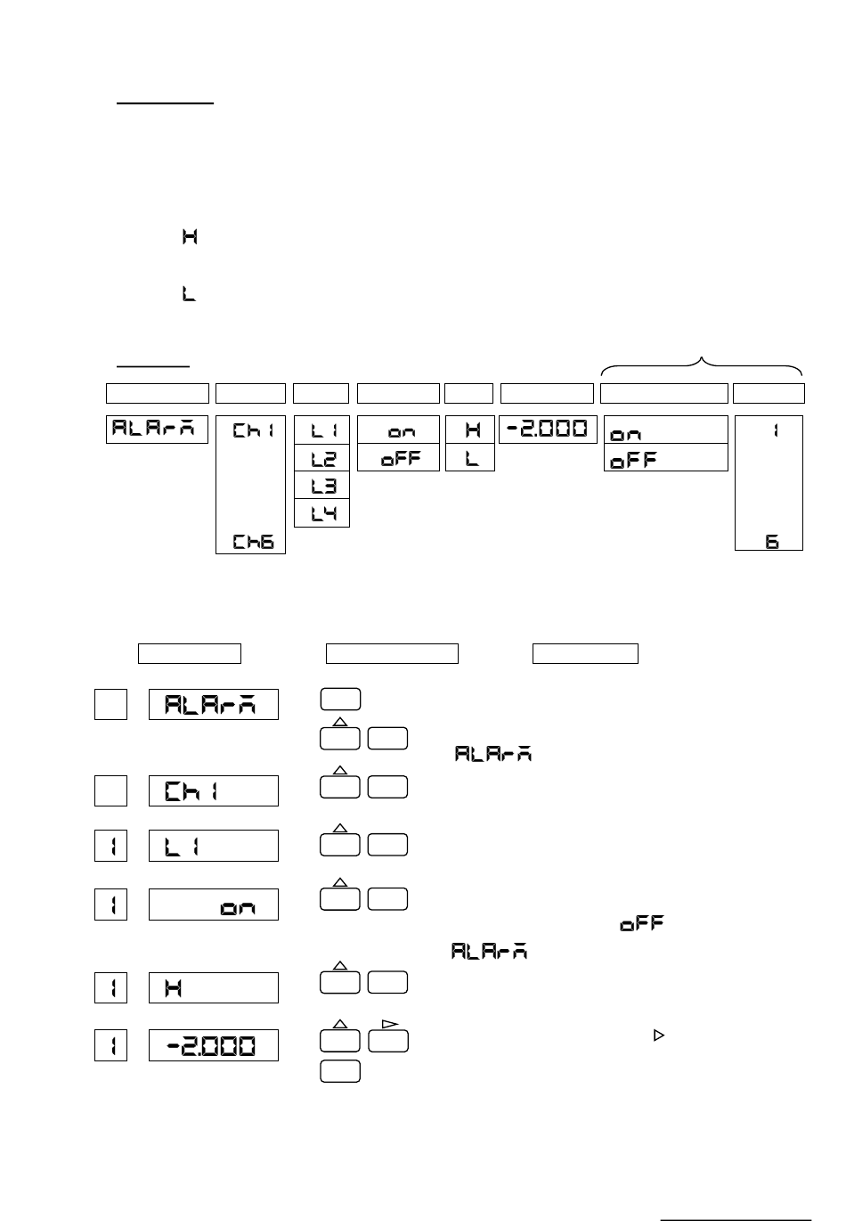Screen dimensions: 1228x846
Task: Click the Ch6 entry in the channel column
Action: click(253, 541)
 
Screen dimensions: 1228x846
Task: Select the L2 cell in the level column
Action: click(321, 458)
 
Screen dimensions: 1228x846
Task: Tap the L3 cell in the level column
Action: click(321, 486)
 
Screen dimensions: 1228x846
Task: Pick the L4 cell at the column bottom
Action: click(321, 513)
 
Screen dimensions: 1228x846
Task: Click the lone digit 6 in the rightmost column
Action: click(772, 541)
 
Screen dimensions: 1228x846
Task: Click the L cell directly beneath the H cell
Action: click(469, 458)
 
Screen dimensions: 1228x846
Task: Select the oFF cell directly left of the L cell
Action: click(398, 458)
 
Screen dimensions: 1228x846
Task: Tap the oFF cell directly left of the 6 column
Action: click(665, 459)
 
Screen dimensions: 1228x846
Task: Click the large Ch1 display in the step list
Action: click(213, 790)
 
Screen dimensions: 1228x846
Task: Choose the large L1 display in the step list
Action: click(213, 846)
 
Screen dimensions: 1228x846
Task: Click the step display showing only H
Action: click(213, 987)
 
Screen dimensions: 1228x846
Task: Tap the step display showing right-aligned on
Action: click(213, 905)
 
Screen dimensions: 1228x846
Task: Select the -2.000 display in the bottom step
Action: click(213, 1045)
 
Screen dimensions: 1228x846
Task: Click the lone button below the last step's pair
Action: click(339, 1071)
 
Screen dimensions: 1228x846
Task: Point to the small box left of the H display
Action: click(111, 987)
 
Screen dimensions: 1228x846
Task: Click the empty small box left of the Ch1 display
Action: click(111, 790)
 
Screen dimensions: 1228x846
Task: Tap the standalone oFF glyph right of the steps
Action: click(643, 924)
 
